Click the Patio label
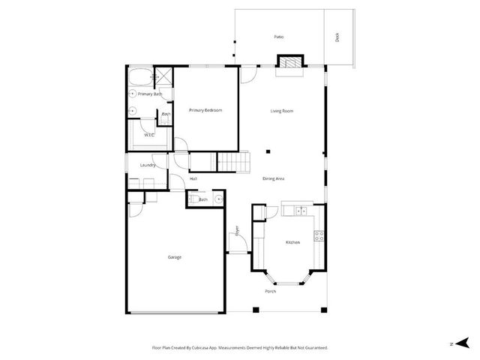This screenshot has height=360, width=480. (x=279, y=37)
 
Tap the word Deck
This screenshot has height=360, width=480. (x=337, y=37)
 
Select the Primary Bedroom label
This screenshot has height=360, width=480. (x=205, y=110)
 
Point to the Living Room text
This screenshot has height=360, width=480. (x=282, y=111)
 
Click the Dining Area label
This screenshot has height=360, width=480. (x=273, y=178)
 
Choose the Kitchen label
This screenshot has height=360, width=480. (x=292, y=242)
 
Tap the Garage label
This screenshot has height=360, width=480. (x=174, y=257)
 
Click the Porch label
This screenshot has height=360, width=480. (x=270, y=291)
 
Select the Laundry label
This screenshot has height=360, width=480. (x=136, y=166)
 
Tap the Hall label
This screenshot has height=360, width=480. (x=193, y=178)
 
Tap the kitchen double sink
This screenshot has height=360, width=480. (x=302, y=211)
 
